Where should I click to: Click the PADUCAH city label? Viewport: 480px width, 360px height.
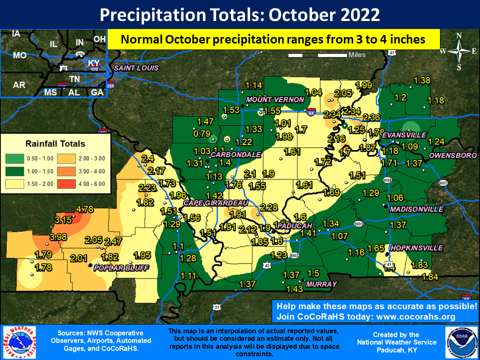tap(294, 225)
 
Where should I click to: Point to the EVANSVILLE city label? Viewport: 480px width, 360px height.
tap(403, 135)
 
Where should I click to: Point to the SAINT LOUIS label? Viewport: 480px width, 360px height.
tap(136, 68)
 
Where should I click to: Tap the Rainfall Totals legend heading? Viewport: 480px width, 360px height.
tap(55, 143)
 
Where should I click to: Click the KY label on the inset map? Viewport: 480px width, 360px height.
tap(93, 63)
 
